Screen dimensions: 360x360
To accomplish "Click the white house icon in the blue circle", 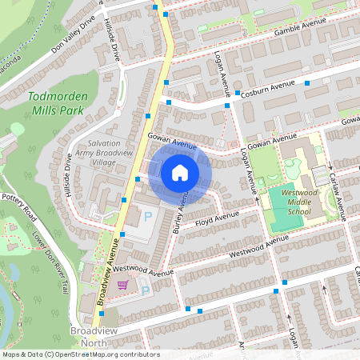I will tap(180, 172).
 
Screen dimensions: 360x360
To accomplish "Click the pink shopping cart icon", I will tap(122, 284).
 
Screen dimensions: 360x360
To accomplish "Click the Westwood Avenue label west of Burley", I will tap(143, 272).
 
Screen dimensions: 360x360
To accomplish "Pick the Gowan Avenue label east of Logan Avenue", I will tap(271, 142).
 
